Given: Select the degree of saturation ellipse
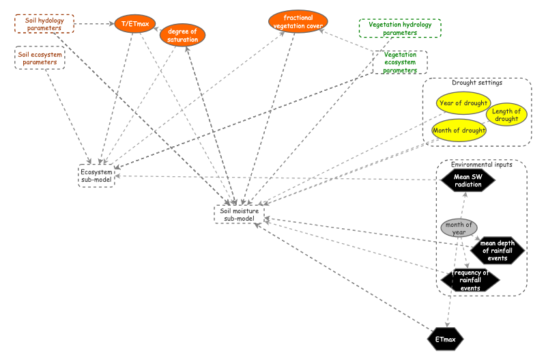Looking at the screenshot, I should [x=182, y=35].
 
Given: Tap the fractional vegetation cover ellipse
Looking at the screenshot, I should [x=298, y=22].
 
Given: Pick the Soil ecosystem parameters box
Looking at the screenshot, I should [x=40, y=58].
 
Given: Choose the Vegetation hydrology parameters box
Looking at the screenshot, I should [x=400, y=28].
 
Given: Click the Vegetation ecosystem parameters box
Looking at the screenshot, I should [x=400, y=62].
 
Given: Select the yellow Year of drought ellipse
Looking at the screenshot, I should [x=463, y=104].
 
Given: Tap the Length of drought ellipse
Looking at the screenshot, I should [x=506, y=115].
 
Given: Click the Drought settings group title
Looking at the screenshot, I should [x=477, y=83].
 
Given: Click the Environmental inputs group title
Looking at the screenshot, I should [x=482, y=165].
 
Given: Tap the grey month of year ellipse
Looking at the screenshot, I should [x=458, y=228].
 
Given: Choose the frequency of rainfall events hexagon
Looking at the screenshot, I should [x=470, y=280].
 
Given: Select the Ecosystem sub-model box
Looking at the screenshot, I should [x=96, y=176].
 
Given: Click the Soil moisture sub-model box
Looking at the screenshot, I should [x=238, y=214].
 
